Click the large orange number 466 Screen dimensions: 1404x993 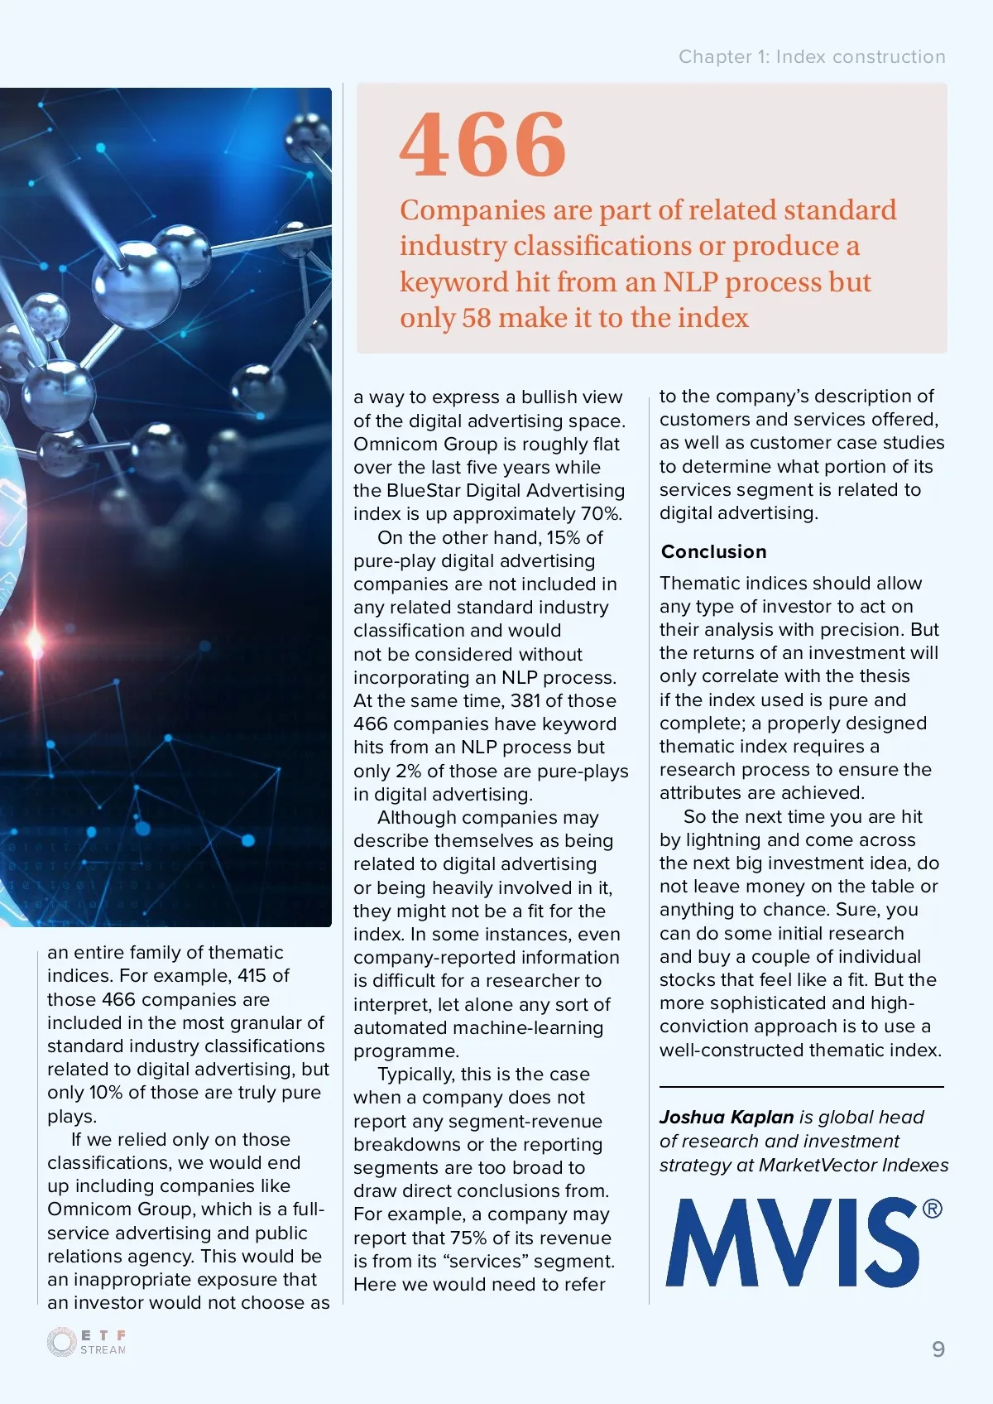coord(483,146)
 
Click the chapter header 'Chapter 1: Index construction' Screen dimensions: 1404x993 coord(811,56)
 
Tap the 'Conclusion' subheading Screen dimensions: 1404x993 coord(713,551)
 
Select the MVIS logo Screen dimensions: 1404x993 coord(793,1242)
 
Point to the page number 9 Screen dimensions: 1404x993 coord(938,1349)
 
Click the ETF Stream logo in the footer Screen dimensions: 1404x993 coord(87,1342)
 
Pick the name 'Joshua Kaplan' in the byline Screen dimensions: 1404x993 coord(727,1117)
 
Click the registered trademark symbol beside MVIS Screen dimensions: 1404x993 coord(932,1209)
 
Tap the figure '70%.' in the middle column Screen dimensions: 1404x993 coord(601,513)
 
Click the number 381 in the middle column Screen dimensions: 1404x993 coord(526,700)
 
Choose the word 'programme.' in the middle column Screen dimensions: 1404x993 coord(406,1051)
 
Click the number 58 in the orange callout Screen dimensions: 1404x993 coord(476,318)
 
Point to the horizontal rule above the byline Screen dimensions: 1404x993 coord(800,1086)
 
